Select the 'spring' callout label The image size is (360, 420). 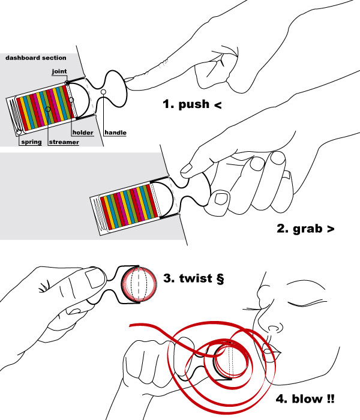[31, 143]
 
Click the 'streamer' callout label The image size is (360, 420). [64, 143]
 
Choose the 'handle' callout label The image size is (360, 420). [115, 132]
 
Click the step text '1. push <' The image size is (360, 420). [192, 104]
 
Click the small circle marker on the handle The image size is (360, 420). [103, 92]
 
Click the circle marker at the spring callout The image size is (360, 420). [19, 131]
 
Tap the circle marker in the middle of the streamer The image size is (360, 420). [47, 109]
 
